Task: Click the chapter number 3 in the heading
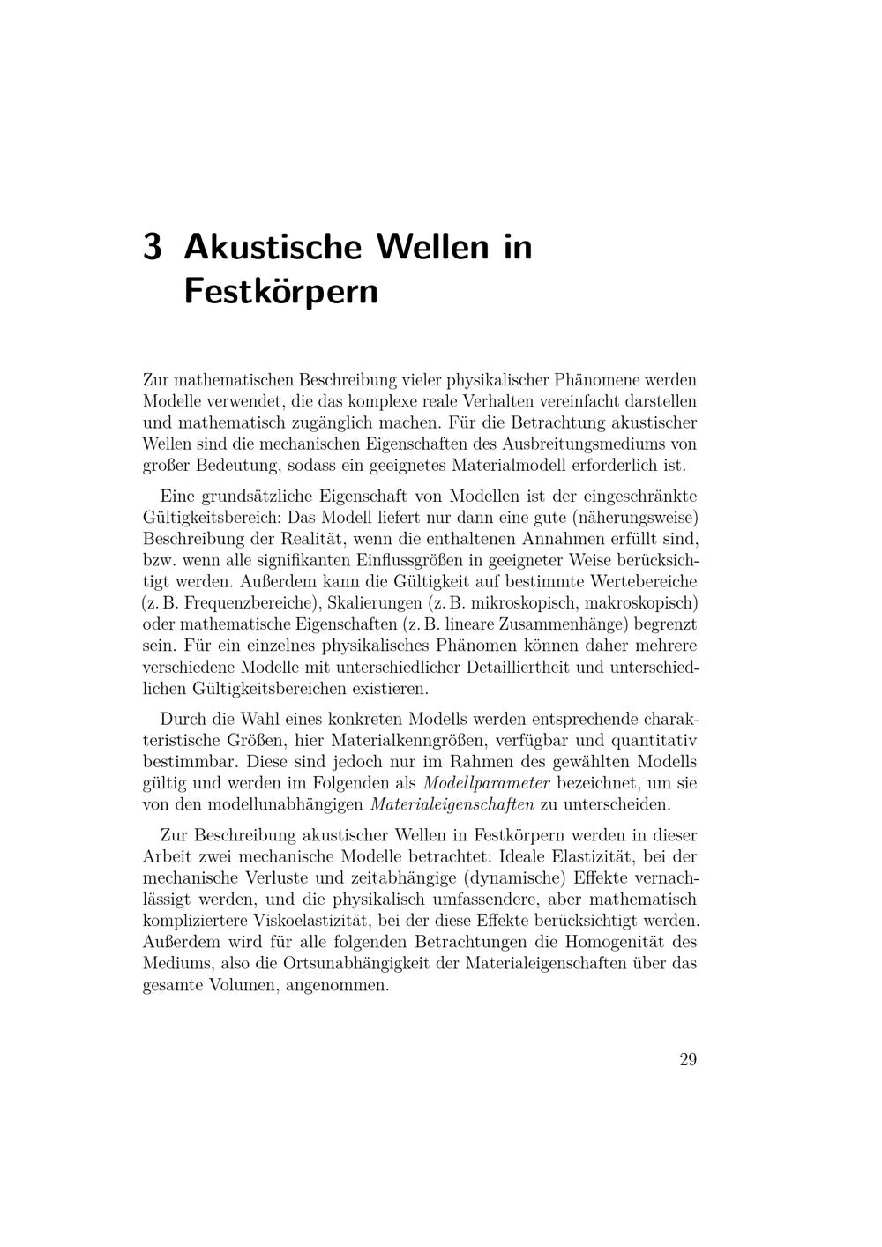coord(152,247)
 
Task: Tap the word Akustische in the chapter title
coord(273,246)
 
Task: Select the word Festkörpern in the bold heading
coord(280,291)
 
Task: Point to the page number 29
coord(688,1059)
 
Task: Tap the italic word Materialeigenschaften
coord(452,804)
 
